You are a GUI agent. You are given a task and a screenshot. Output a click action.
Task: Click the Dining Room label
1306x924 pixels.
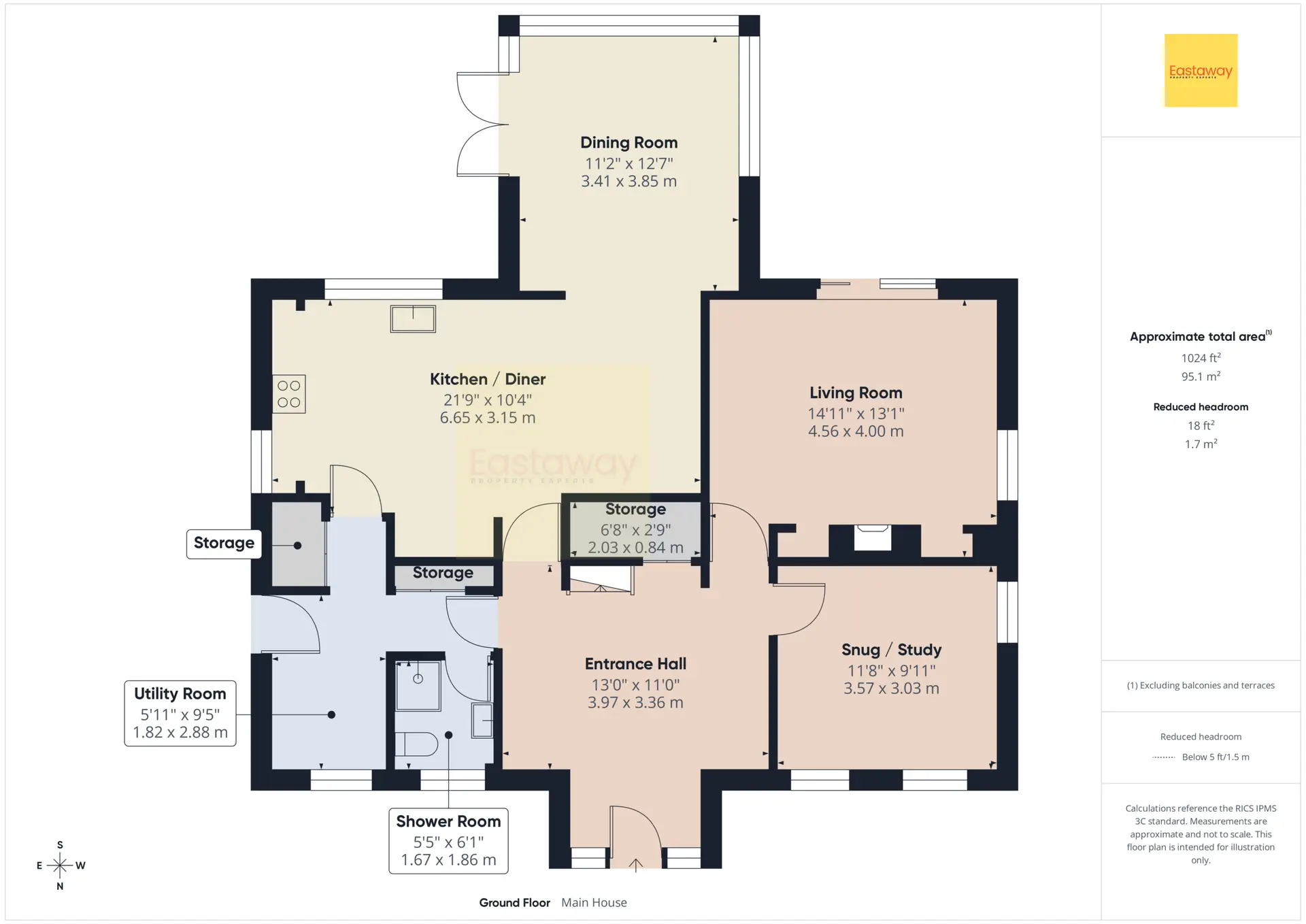pos(629,143)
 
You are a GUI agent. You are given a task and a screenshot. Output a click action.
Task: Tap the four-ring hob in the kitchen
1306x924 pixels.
pos(289,394)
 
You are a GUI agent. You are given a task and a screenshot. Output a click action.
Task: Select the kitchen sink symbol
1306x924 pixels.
pos(413,318)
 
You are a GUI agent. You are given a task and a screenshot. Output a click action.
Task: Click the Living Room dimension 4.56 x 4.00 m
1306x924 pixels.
pos(856,431)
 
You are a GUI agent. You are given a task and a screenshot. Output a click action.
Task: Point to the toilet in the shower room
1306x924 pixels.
pos(416,744)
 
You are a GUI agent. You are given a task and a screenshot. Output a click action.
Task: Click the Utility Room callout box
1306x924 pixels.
pos(180,713)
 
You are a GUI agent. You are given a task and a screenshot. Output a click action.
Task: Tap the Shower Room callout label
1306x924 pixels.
pos(448,821)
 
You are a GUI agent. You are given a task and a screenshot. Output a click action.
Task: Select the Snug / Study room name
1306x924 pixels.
pos(891,650)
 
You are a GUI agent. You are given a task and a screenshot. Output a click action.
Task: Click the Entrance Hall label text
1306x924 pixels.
pos(635,663)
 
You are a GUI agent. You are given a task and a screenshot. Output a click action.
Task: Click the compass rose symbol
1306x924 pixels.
pos(60,865)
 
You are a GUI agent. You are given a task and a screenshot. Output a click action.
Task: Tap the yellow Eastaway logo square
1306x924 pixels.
pos(1201,70)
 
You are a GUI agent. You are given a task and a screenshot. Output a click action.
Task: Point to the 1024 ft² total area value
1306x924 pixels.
pos(1201,358)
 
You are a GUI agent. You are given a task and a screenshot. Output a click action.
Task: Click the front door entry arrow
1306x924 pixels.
pos(635,865)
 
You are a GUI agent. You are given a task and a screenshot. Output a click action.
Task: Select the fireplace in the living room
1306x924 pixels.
pos(873,537)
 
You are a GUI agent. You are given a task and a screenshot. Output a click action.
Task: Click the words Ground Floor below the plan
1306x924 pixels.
pos(514,903)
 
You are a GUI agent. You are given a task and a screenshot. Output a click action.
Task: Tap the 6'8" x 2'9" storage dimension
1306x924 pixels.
pos(635,529)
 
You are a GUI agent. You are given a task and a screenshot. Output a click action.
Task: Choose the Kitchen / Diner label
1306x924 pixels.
pos(488,379)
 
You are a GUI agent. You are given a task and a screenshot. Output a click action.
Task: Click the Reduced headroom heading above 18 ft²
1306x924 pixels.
pos(1201,407)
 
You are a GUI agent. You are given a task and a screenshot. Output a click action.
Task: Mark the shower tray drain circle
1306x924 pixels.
pos(418,679)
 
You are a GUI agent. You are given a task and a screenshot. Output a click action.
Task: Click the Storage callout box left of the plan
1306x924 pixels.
pos(224,544)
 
